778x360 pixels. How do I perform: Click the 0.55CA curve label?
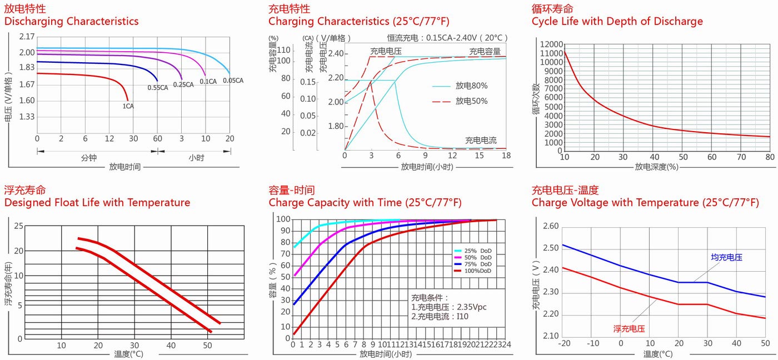point(157,88)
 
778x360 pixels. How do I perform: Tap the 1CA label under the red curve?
point(128,105)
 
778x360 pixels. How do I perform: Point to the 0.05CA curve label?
point(233,81)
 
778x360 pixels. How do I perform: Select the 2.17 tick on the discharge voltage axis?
point(27,37)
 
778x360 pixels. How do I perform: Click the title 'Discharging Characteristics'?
point(71,22)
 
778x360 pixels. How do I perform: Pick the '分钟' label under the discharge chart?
point(88,158)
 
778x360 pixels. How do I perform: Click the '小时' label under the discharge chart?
point(196,158)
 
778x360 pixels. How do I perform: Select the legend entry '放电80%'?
point(471,86)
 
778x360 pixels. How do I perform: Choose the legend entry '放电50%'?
point(471,101)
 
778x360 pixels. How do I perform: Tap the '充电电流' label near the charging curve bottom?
point(481,141)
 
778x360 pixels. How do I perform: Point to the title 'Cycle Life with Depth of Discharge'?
point(617,22)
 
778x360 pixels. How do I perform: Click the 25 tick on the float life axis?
point(19,226)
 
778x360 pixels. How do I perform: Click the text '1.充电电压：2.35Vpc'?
point(448,307)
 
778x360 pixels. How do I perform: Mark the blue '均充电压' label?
point(726,257)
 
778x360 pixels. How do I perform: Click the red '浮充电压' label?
point(629,328)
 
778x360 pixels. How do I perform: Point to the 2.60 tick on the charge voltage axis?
point(550,226)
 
